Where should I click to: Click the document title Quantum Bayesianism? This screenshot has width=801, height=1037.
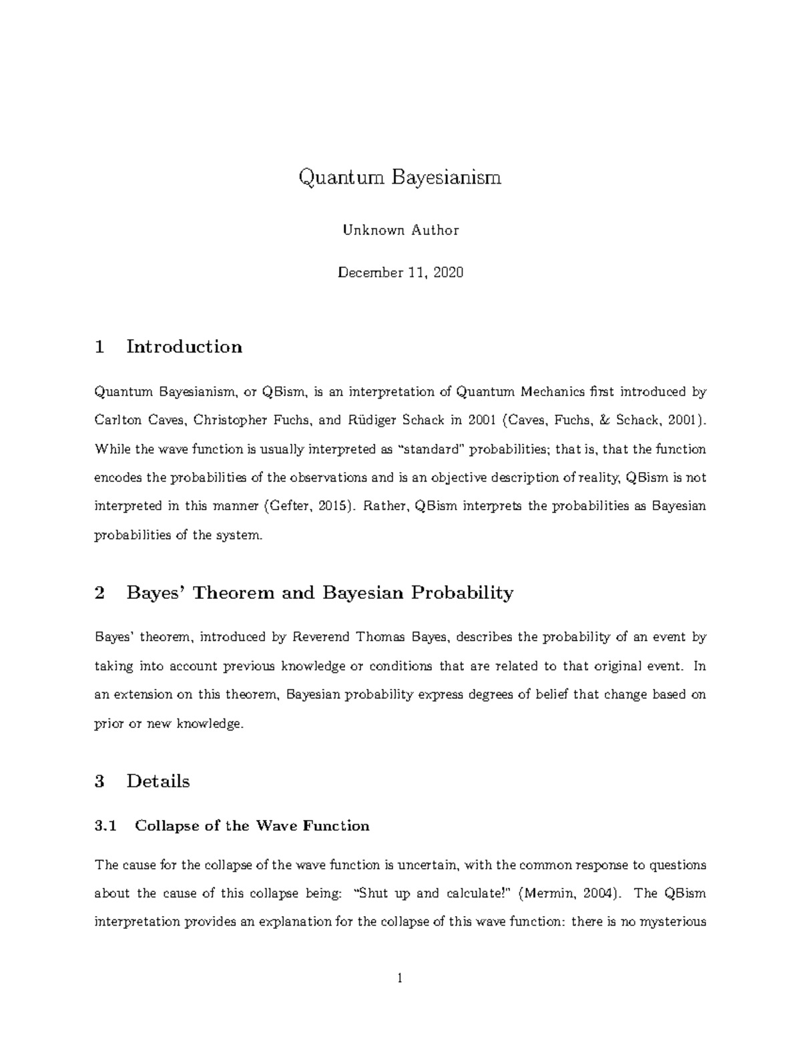pyautogui.click(x=400, y=178)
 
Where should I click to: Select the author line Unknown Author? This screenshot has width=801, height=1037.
pyautogui.click(x=400, y=230)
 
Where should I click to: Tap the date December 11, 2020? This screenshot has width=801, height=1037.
pyautogui.click(x=400, y=272)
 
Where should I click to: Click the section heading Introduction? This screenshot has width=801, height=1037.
pyautogui.click(x=184, y=347)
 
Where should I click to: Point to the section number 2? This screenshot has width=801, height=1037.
pyautogui.click(x=100, y=593)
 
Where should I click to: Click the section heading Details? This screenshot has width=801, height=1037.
pyautogui.click(x=158, y=781)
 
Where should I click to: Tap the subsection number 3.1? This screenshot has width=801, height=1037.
pyautogui.click(x=105, y=826)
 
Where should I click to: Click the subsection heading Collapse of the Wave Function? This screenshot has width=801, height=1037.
pyautogui.click(x=252, y=826)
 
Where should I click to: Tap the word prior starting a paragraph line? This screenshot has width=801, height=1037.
pyautogui.click(x=109, y=724)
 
